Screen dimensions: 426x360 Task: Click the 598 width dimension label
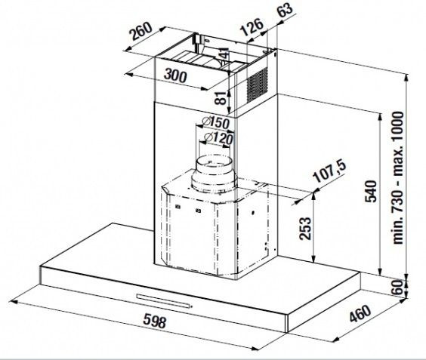coord(154,321)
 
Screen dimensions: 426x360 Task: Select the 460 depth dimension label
coord(360,313)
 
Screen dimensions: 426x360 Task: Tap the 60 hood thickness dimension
coord(397,288)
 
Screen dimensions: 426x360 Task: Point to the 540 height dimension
coord(371,191)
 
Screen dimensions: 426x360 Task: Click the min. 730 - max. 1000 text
coord(398,177)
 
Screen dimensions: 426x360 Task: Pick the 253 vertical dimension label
coord(305,229)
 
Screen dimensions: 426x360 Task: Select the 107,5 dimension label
coord(329,171)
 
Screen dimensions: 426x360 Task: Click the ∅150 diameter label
coord(216,123)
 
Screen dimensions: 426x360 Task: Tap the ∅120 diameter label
coord(219,137)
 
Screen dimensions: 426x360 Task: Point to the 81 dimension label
coord(221,98)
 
